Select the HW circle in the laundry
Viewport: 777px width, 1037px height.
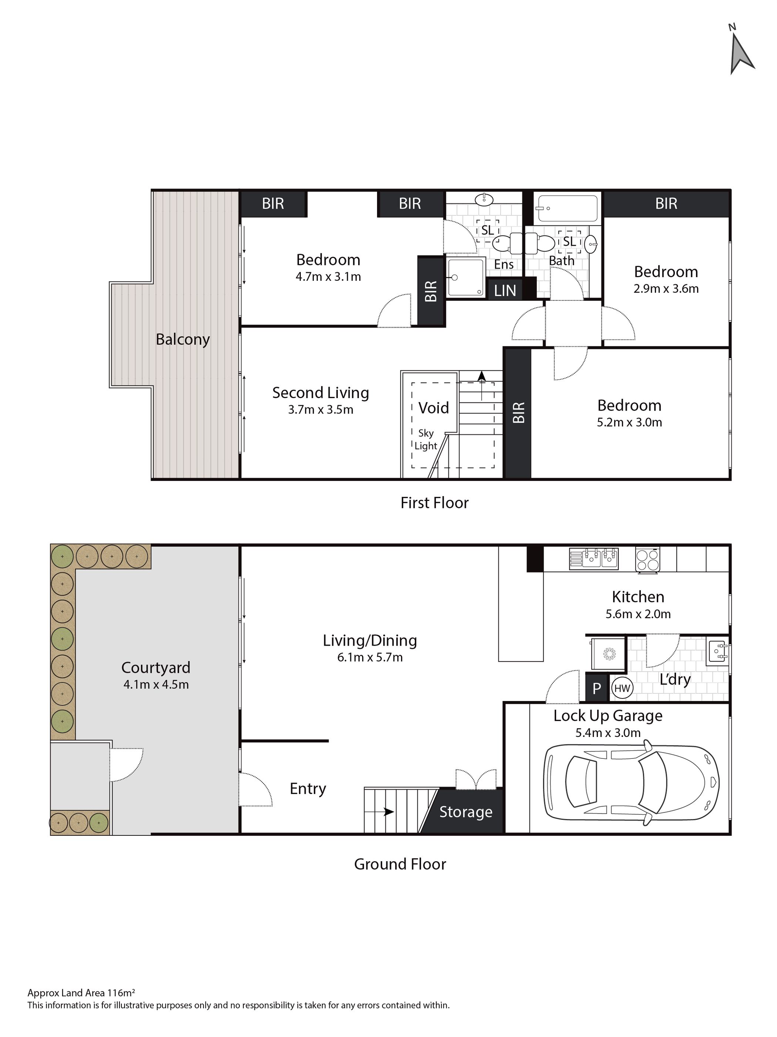622,688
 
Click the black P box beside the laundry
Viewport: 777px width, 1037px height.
596,688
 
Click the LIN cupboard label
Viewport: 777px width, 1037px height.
505,291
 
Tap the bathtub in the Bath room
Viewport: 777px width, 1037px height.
567,208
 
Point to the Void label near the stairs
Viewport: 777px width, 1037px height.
433,407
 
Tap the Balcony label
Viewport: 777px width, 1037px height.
183,339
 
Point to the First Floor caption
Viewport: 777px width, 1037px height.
434,502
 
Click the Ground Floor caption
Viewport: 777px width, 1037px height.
400,863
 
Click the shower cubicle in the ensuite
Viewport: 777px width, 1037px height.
465,277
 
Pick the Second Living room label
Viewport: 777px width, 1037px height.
321,393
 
